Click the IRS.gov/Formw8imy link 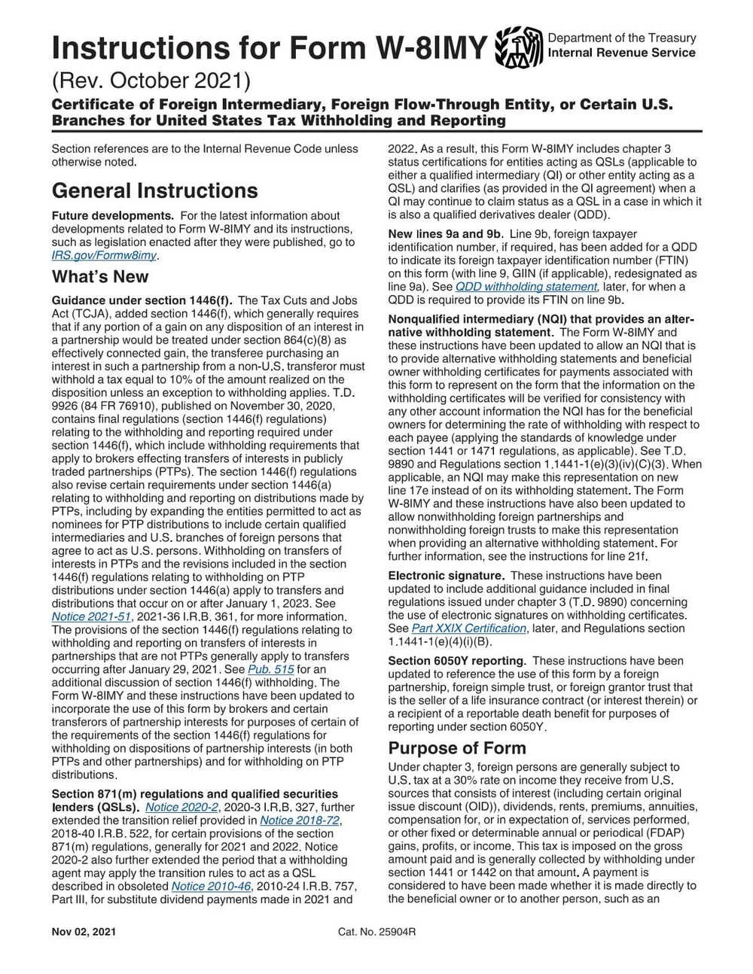(x=105, y=254)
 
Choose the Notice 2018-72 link (x=300, y=820)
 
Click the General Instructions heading (x=154, y=190)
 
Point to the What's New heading (x=100, y=277)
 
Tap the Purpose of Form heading (x=457, y=748)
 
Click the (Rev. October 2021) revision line (x=151, y=79)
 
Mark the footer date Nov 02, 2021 (x=84, y=933)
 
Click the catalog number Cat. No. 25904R (x=377, y=933)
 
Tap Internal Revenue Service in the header (x=621, y=53)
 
